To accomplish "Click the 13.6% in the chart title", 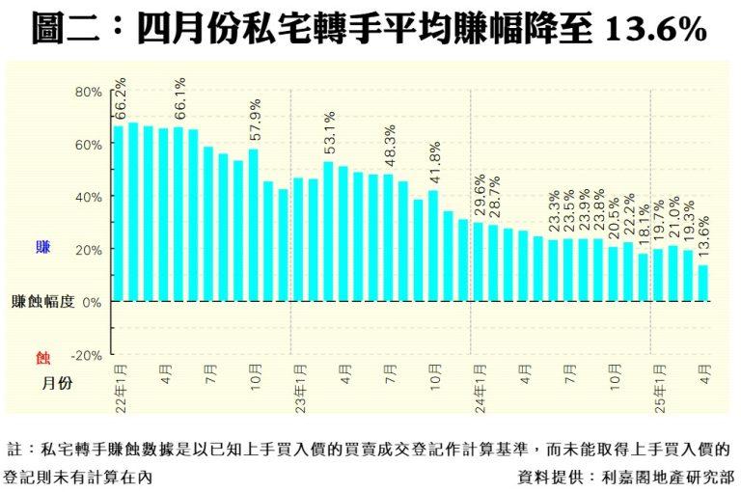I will click(x=656, y=30).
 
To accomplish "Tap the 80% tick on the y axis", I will click(x=89, y=92).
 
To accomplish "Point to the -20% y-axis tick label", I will click(x=87, y=355).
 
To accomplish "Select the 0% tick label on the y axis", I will click(x=92, y=302).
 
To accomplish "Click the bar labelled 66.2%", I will click(x=119, y=212).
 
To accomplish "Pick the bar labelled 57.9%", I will click(x=254, y=224).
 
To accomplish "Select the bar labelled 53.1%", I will click(x=329, y=231).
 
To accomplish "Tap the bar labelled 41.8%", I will click(x=433, y=245).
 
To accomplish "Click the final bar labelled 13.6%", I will click(x=703, y=283).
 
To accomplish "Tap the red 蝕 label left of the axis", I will click(x=42, y=358).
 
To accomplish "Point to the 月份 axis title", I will click(x=57, y=383).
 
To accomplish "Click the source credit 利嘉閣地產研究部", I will click(x=667, y=476).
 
